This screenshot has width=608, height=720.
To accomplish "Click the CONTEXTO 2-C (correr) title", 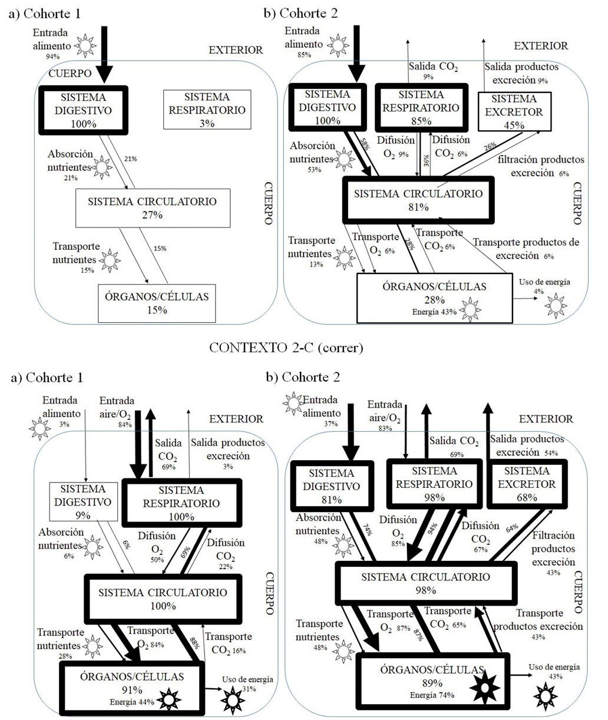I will pyautogui.click(x=286, y=348).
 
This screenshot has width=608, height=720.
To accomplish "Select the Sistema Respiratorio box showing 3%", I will pyautogui.click(x=207, y=110).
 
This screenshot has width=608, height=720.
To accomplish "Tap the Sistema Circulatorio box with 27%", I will pyautogui.click(x=152, y=207).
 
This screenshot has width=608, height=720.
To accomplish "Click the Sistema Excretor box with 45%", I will pyautogui.click(x=514, y=111).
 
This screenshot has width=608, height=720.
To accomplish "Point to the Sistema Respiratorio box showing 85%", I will pyautogui.click(x=421, y=107).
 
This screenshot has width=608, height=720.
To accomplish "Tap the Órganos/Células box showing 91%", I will pyautogui.click(x=132, y=683).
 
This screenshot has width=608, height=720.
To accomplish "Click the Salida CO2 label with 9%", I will pyautogui.click(x=434, y=71).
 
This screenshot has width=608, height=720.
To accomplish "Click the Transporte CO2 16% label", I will pyautogui.click(x=229, y=642).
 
